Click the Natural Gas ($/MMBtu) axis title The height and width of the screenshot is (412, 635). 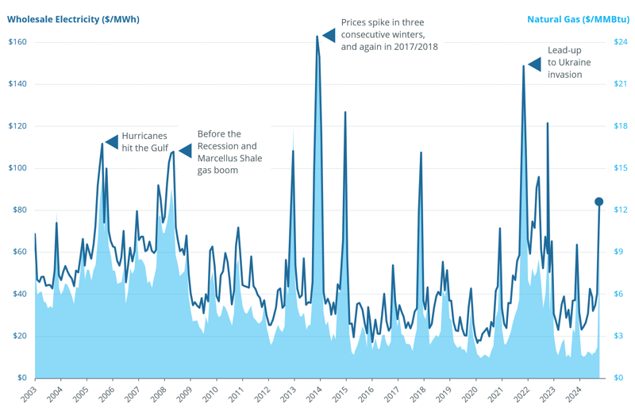(x=578, y=19)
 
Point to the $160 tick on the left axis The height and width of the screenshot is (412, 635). (x=17, y=42)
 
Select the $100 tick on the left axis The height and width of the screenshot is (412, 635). (x=17, y=168)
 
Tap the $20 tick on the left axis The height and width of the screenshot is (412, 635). (x=17, y=336)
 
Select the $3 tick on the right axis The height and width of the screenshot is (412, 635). (x=618, y=336)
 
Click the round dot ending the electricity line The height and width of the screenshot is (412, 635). (x=599, y=202)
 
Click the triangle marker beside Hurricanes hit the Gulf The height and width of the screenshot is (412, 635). (x=112, y=142)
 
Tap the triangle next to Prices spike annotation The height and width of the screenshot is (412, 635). (x=329, y=35)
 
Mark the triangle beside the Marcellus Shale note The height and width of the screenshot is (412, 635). (x=185, y=151)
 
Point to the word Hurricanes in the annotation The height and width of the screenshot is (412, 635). (x=144, y=136)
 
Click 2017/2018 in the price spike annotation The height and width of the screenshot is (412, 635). (x=413, y=47)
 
